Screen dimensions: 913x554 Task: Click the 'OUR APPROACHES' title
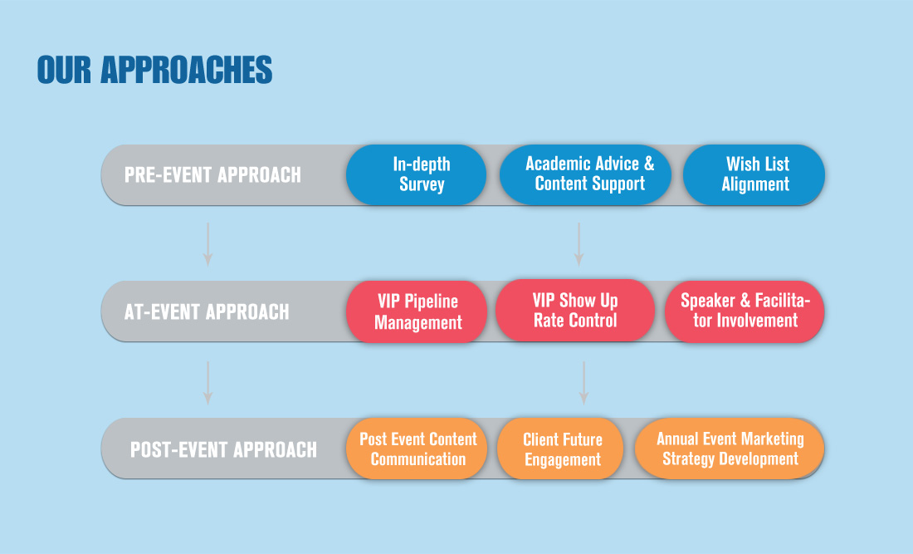pyautogui.click(x=154, y=70)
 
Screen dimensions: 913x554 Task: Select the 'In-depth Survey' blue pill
pyautogui.click(x=417, y=174)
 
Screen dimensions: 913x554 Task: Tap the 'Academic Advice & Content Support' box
pyautogui.click(x=585, y=174)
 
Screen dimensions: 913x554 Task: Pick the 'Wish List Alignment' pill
pyautogui.click(x=754, y=174)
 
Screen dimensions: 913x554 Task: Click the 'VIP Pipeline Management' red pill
pyautogui.click(x=417, y=311)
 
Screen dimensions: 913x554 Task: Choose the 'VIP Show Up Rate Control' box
pyautogui.click(x=575, y=311)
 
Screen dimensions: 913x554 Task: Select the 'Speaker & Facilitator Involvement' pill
pyautogui.click(x=745, y=311)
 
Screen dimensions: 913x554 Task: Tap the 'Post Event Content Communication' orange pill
pyautogui.click(x=417, y=449)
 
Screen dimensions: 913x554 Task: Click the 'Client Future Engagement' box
pyautogui.click(x=560, y=449)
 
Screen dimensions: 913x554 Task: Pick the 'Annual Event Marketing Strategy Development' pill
pyautogui.click(x=730, y=449)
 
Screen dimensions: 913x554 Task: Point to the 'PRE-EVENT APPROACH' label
pyautogui.click(x=212, y=174)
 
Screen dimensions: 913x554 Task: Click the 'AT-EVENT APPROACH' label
pyautogui.click(x=207, y=311)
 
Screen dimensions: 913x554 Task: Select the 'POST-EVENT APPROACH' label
pyautogui.click(x=223, y=449)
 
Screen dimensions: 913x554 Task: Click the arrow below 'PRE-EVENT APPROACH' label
pyautogui.click(x=207, y=245)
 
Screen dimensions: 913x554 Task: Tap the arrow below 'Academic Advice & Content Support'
pyautogui.click(x=579, y=245)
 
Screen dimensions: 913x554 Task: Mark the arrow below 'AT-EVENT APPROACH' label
pyautogui.click(x=207, y=383)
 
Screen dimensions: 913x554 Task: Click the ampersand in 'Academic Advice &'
pyautogui.click(x=649, y=164)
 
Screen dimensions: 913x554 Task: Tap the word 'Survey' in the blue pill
pyautogui.click(x=422, y=184)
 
